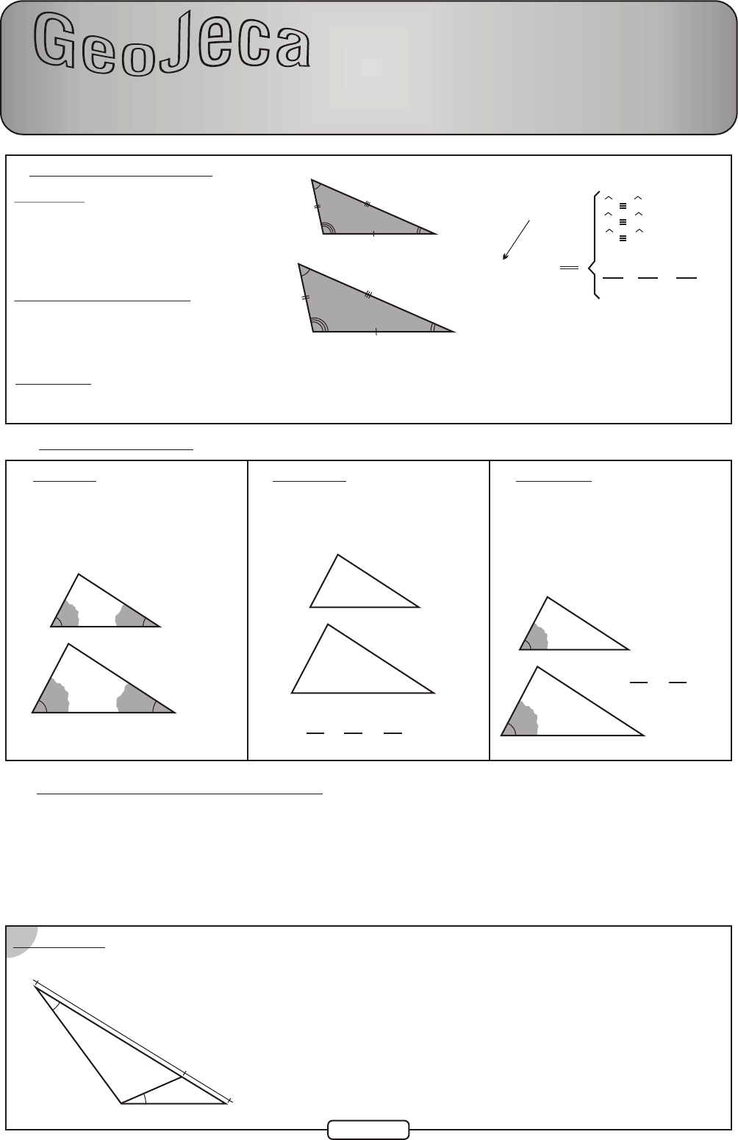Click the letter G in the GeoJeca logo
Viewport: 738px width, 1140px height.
55,40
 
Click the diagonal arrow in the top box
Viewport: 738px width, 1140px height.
516,240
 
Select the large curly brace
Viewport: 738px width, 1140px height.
592,245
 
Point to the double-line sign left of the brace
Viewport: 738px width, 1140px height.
569,267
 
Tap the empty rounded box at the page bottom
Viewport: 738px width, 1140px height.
368,1130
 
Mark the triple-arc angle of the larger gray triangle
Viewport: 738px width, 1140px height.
320,324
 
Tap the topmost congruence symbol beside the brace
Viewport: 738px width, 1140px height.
623,206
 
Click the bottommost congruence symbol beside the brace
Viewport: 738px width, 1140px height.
623,238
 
